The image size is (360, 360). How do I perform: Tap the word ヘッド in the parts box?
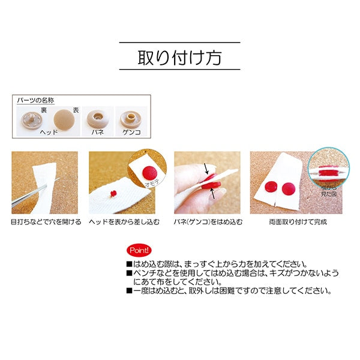click(x=48, y=131)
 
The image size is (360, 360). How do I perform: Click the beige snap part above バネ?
click(x=97, y=117)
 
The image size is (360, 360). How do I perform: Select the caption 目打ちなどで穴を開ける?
click(x=46, y=222)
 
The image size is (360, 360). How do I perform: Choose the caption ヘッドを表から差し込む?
click(x=124, y=222)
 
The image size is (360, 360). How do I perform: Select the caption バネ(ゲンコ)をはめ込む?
click(x=208, y=222)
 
